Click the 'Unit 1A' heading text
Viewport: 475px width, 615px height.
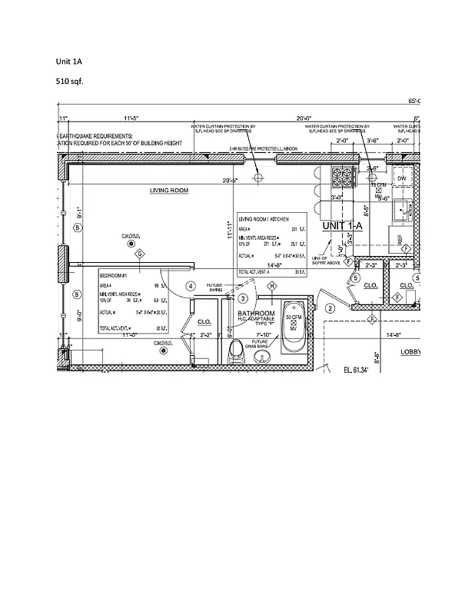click(x=68, y=61)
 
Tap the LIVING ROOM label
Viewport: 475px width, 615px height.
click(x=168, y=191)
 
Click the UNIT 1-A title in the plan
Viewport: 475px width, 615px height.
click(x=342, y=225)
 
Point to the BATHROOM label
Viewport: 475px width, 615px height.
click(x=256, y=314)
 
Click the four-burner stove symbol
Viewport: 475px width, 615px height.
click(x=342, y=178)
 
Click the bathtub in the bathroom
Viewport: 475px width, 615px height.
click(x=293, y=332)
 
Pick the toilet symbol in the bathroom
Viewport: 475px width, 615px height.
click(x=237, y=351)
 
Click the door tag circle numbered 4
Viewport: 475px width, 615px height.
click(x=191, y=286)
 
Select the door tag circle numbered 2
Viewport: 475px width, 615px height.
click(x=330, y=308)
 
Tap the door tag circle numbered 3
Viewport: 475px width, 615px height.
click(x=241, y=298)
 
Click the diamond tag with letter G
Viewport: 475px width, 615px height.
click(x=139, y=254)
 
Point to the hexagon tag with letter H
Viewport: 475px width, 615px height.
click(x=271, y=286)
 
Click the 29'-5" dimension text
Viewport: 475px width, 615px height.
click(x=230, y=181)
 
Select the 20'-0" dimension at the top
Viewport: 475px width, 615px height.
click(x=305, y=118)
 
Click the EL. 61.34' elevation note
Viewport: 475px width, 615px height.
click(x=356, y=371)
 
